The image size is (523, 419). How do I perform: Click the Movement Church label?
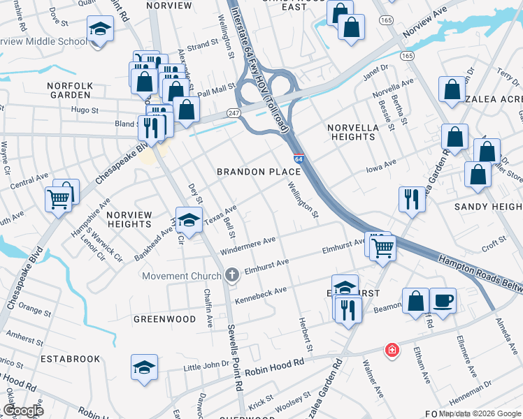click(x=181, y=276)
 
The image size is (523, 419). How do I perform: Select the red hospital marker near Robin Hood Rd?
click(x=393, y=350)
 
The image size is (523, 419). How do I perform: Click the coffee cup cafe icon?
click(x=443, y=301)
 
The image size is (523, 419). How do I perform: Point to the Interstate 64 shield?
click(x=299, y=160)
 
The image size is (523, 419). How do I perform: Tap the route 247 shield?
click(x=233, y=113)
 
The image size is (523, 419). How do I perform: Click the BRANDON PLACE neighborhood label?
click(x=259, y=172)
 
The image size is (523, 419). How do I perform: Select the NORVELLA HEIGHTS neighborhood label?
click(x=353, y=132)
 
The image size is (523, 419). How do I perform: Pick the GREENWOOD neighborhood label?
click(x=165, y=319)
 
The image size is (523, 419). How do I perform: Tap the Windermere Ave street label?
click(x=248, y=246)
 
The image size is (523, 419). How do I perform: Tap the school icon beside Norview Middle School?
click(x=101, y=29)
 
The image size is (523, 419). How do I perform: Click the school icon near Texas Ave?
click(x=188, y=220)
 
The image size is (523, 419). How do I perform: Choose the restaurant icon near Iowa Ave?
click(x=412, y=198)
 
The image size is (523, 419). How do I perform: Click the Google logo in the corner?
click(x=22, y=411)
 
